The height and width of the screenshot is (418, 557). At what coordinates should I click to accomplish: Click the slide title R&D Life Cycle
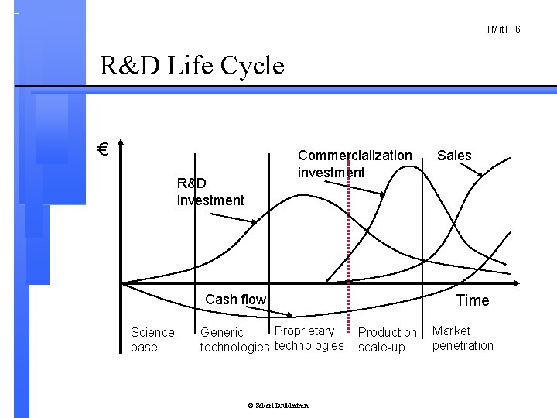click(193, 66)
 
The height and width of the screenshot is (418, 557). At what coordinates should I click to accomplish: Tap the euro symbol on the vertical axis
click(101, 150)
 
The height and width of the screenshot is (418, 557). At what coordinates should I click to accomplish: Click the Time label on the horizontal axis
click(472, 300)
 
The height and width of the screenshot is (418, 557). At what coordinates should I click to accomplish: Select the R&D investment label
click(210, 192)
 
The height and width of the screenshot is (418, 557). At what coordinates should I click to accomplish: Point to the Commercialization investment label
click(354, 163)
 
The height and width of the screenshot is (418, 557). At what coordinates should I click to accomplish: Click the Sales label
click(454, 156)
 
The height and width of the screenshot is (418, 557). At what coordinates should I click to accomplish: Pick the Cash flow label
click(235, 300)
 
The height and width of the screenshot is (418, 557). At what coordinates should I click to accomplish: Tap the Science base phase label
click(152, 339)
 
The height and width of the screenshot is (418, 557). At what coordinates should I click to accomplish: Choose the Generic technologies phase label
click(234, 340)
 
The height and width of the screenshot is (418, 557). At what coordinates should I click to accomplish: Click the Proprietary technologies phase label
click(309, 338)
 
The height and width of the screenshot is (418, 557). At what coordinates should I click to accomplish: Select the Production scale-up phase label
click(387, 339)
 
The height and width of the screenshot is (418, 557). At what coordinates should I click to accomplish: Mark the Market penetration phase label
click(462, 338)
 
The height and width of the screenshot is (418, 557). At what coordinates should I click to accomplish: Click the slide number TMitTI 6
click(503, 29)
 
